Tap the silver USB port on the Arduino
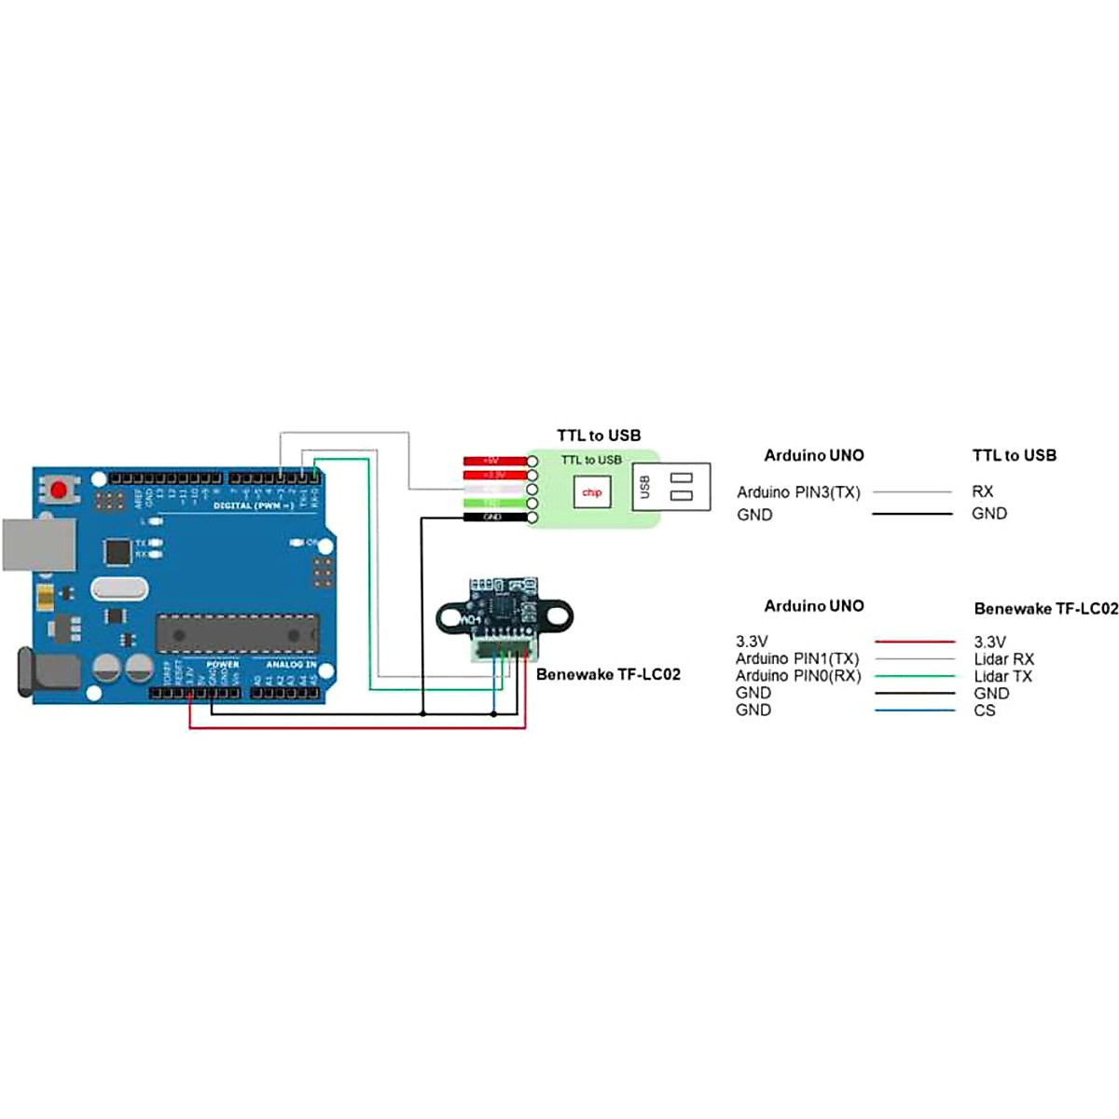tap(38, 545)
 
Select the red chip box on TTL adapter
tap(592, 492)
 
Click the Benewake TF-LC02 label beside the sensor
tap(608, 674)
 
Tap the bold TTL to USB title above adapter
tap(599, 435)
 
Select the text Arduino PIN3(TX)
tap(798, 491)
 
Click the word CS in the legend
tap(984, 711)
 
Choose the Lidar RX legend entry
tap(1003, 659)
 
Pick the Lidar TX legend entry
tap(1002, 676)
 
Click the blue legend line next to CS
tap(915, 711)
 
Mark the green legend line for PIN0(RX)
tap(915, 676)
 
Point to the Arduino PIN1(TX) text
tap(797, 658)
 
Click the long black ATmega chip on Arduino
tap(237, 634)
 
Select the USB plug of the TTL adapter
tap(671, 487)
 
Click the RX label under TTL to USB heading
tap(982, 491)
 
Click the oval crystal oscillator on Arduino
tap(119, 588)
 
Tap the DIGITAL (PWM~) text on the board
tap(253, 505)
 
